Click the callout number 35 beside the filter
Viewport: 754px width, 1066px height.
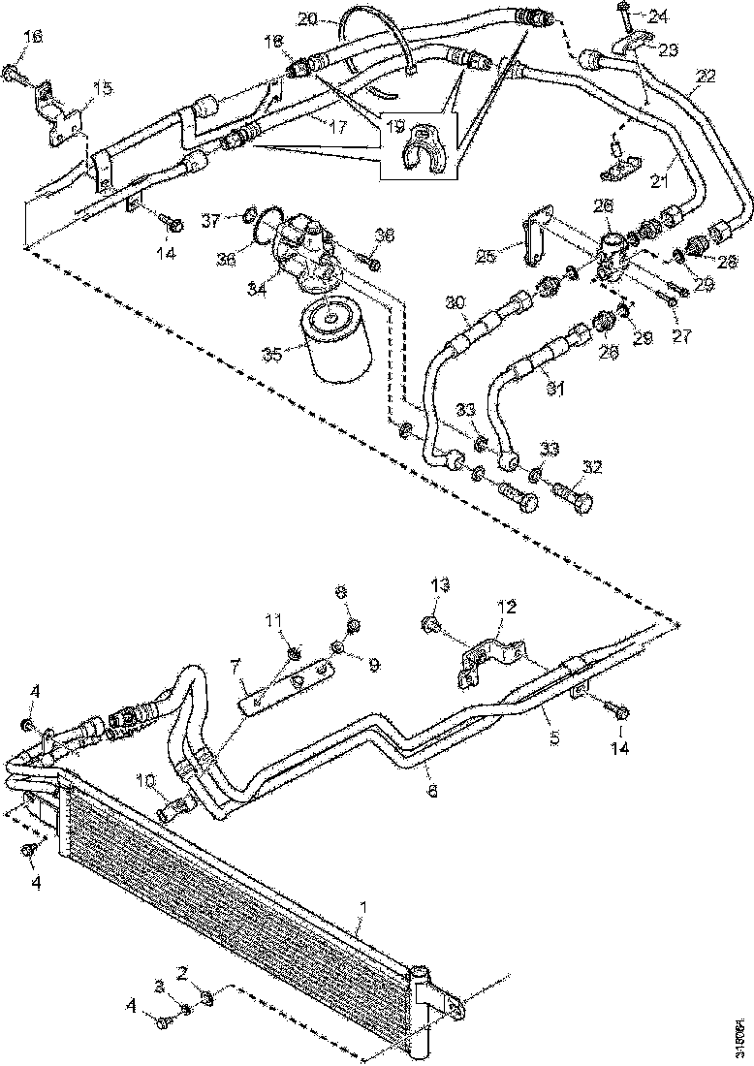pyautogui.click(x=274, y=355)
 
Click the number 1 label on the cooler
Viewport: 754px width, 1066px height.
pyautogui.click(x=363, y=907)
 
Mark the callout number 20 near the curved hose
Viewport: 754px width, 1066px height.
pyautogui.click(x=306, y=18)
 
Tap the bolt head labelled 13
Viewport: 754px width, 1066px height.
pyautogui.click(x=431, y=623)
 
